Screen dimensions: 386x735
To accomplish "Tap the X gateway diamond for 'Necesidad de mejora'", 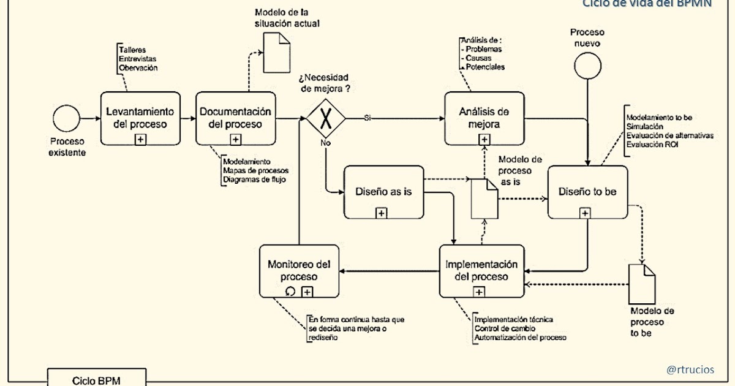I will (x=325, y=119).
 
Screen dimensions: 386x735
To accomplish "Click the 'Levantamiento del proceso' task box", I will (x=140, y=118).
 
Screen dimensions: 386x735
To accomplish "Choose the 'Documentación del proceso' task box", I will (x=236, y=118).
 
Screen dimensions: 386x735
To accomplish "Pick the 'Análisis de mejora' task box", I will (x=484, y=118).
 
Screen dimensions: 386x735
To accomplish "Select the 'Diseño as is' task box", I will (x=383, y=192).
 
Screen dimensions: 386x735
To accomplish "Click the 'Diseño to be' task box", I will (x=587, y=192).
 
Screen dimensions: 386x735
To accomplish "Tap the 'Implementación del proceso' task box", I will (x=481, y=271).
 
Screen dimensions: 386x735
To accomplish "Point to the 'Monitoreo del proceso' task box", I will (x=299, y=271).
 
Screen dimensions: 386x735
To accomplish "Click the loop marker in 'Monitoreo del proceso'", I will (x=292, y=292).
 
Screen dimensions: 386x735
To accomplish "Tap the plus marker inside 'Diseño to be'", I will (x=586, y=213).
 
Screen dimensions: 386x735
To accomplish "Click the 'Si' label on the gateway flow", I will (x=367, y=117).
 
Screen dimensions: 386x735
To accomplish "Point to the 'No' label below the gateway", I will (x=325, y=142).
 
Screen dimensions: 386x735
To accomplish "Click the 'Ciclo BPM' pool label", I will (x=96, y=380).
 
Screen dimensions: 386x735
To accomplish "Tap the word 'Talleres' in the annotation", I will (x=132, y=50).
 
